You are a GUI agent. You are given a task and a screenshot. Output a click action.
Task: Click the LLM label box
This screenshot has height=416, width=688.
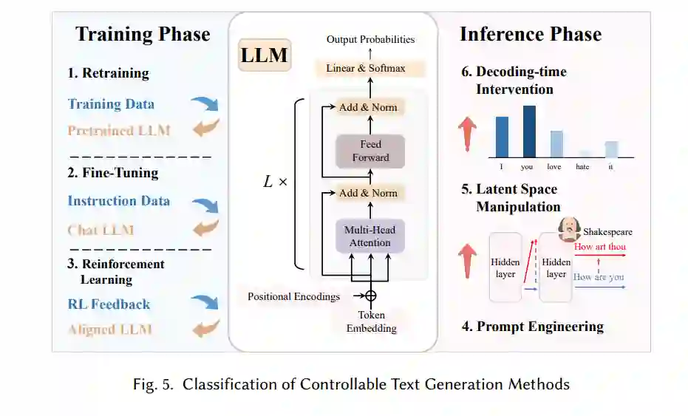tap(265, 55)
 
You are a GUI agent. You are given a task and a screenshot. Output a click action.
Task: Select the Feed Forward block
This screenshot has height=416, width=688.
tap(370, 151)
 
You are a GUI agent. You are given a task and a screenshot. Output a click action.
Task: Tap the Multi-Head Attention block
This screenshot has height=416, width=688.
tap(370, 236)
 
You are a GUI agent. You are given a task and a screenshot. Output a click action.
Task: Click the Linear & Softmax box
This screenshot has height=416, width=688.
tap(366, 69)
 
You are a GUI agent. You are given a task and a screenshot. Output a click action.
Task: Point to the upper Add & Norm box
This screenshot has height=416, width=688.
tap(368, 108)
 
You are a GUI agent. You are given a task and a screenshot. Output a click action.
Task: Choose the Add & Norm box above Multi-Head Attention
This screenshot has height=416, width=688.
tap(368, 194)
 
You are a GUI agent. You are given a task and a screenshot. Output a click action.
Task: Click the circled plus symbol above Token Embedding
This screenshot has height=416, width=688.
tap(370, 295)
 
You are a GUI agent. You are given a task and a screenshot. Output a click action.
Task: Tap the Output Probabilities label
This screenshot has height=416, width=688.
tap(370, 39)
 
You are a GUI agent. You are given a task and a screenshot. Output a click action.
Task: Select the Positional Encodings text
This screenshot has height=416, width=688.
tap(294, 296)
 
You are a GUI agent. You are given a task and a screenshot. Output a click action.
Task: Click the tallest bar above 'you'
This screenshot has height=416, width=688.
tap(528, 132)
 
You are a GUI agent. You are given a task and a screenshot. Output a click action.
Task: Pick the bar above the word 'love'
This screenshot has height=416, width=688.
tap(556, 144)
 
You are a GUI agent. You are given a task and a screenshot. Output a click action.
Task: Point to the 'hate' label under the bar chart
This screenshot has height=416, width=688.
tap(582, 167)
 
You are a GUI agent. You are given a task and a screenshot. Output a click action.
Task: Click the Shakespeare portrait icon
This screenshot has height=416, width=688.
tap(568, 228)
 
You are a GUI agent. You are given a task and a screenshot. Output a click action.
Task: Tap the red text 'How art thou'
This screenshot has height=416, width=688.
tap(599, 247)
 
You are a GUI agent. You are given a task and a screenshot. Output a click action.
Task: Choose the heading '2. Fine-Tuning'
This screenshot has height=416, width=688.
tap(113, 173)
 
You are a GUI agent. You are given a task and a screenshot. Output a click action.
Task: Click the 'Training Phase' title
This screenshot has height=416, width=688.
tap(143, 34)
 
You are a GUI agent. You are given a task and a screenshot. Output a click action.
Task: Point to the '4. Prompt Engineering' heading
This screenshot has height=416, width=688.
tap(532, 326)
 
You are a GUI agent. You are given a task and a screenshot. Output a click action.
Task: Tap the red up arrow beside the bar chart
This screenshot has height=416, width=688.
tap(467, 133)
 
